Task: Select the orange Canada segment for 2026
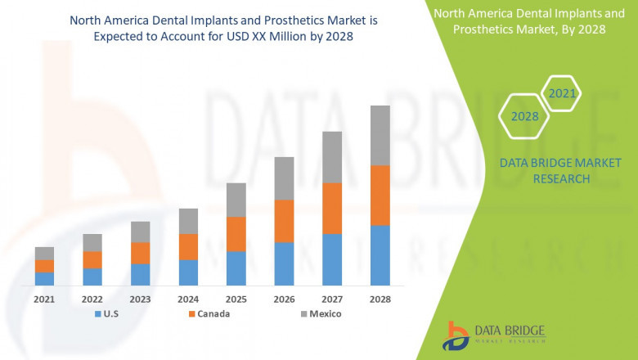[284, 221]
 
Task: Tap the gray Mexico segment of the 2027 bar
[332, 157]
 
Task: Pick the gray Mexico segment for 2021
[44, 253]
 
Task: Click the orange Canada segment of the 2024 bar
[188, 246]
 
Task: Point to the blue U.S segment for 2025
[236, 268]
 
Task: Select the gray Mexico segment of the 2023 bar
[140, 232]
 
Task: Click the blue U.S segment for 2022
[92, 276]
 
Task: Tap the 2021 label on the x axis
[44, 299]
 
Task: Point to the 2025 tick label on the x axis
[236, 299]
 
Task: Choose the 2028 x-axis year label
[380, 299]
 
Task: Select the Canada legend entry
[209, 313]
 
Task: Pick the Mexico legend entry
[319, 313]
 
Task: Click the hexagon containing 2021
[562, 94]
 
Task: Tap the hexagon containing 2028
[524, 117]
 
